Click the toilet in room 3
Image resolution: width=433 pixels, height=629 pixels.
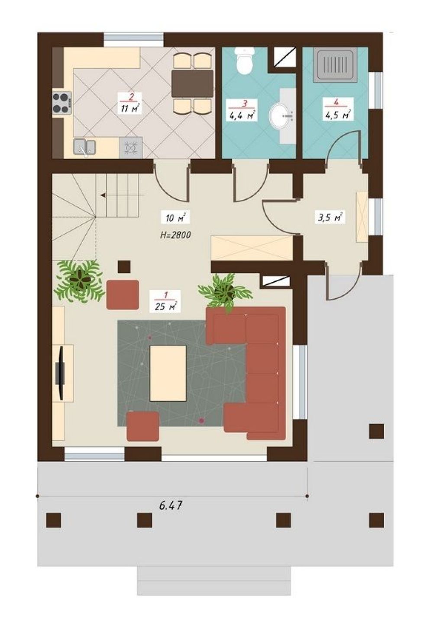pyautogui.click(x=245, y=61)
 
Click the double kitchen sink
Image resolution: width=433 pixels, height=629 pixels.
pyautogui.click(x=84, y=147)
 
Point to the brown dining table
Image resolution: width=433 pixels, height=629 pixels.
pyautogui.click(x=193, y=84)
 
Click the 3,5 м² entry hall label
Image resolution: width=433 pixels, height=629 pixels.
pyautogui.click(x=331, y=218)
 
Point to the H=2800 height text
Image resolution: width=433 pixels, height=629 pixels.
pyautogui.click(x=176, y=235)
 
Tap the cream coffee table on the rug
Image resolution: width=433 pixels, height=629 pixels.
pyautogui.click(x=168, y=374)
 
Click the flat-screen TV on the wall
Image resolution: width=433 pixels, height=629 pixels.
pyautogui.click(x=61, y=374)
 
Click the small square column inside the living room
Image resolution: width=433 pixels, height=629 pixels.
pyautogui.click(x=124, y=267)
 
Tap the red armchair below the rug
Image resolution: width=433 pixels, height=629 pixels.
pyautogui.click(x=143, y=426)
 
